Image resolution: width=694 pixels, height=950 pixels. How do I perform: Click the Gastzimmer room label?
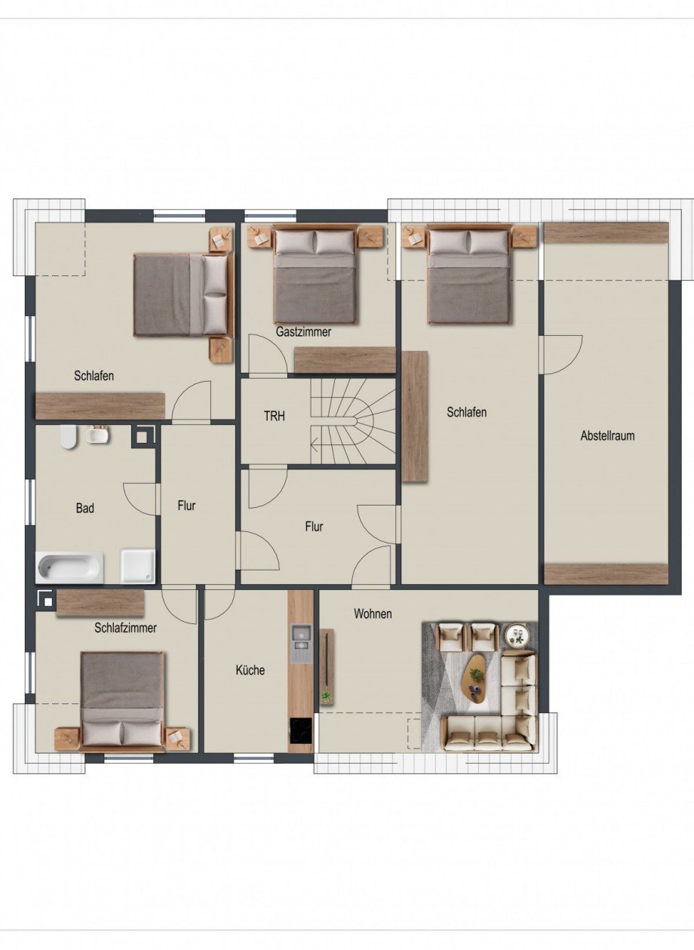[x=303, y=332]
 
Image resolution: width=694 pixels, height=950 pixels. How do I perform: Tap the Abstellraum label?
[x=607, y=435]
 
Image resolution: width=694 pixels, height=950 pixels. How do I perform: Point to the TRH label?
[x=275, y=416]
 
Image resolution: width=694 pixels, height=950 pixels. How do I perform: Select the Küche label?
[x=250, y=670]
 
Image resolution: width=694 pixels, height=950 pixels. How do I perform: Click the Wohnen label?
[x=373, y=613]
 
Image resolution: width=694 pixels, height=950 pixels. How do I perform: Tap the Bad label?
[x=84, y=508]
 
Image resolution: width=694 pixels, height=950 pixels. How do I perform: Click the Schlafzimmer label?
[x=125, y=628]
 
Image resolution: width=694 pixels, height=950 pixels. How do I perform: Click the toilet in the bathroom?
[x=68, y=437]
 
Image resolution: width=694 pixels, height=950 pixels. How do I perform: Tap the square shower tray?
[x=138, y=566]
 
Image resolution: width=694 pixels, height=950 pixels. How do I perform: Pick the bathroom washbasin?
[x=97, y=435]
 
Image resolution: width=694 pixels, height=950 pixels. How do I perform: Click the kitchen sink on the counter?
[x=300, y=644]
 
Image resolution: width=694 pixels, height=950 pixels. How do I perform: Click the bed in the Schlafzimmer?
[x=122, y=702]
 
